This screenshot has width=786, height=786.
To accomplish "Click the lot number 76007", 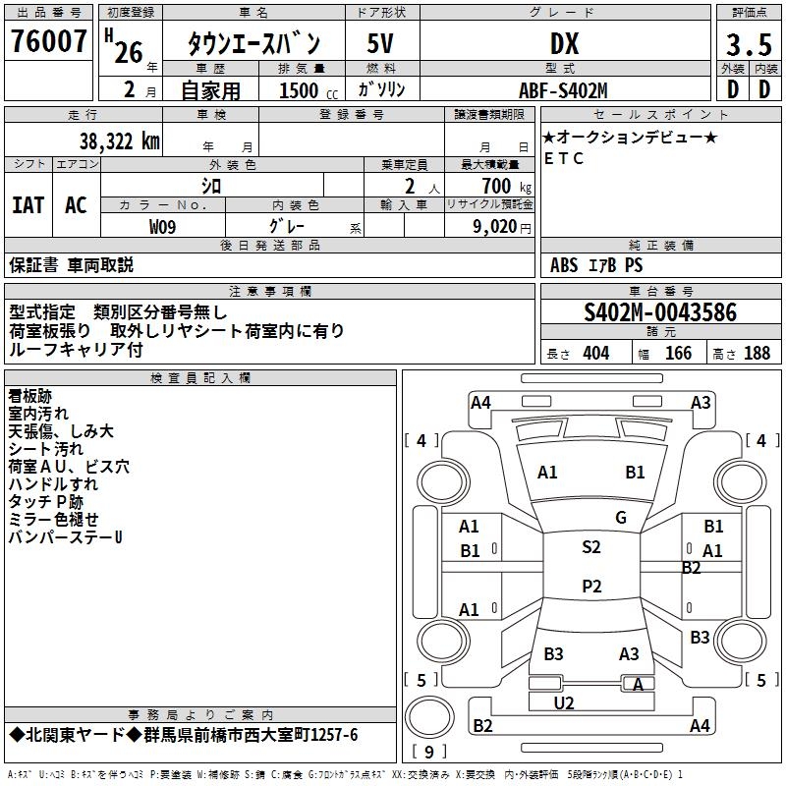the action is tap(49, 41).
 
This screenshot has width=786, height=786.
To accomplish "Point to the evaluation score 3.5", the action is tap(748, 45).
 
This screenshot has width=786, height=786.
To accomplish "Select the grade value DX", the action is tap(564, 43).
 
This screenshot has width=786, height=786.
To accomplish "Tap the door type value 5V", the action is tap(382, 43).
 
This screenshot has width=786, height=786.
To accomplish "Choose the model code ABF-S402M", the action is tap(563, 90).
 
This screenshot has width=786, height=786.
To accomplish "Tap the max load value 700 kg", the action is tap(502, 186).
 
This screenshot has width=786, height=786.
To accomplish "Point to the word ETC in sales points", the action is tap(564, 158).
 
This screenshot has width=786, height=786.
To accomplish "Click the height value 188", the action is tap(757, 354).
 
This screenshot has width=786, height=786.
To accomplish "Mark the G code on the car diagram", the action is tap(620, 518).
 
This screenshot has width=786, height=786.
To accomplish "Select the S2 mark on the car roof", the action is tap(590, 547).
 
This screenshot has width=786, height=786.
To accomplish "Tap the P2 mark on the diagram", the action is tap(590, 587).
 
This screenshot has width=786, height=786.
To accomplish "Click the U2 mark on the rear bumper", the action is tap(564, 702).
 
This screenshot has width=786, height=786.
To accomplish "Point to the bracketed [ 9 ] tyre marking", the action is tap(429, 753).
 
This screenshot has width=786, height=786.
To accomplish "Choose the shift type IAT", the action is tap(28, 204).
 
